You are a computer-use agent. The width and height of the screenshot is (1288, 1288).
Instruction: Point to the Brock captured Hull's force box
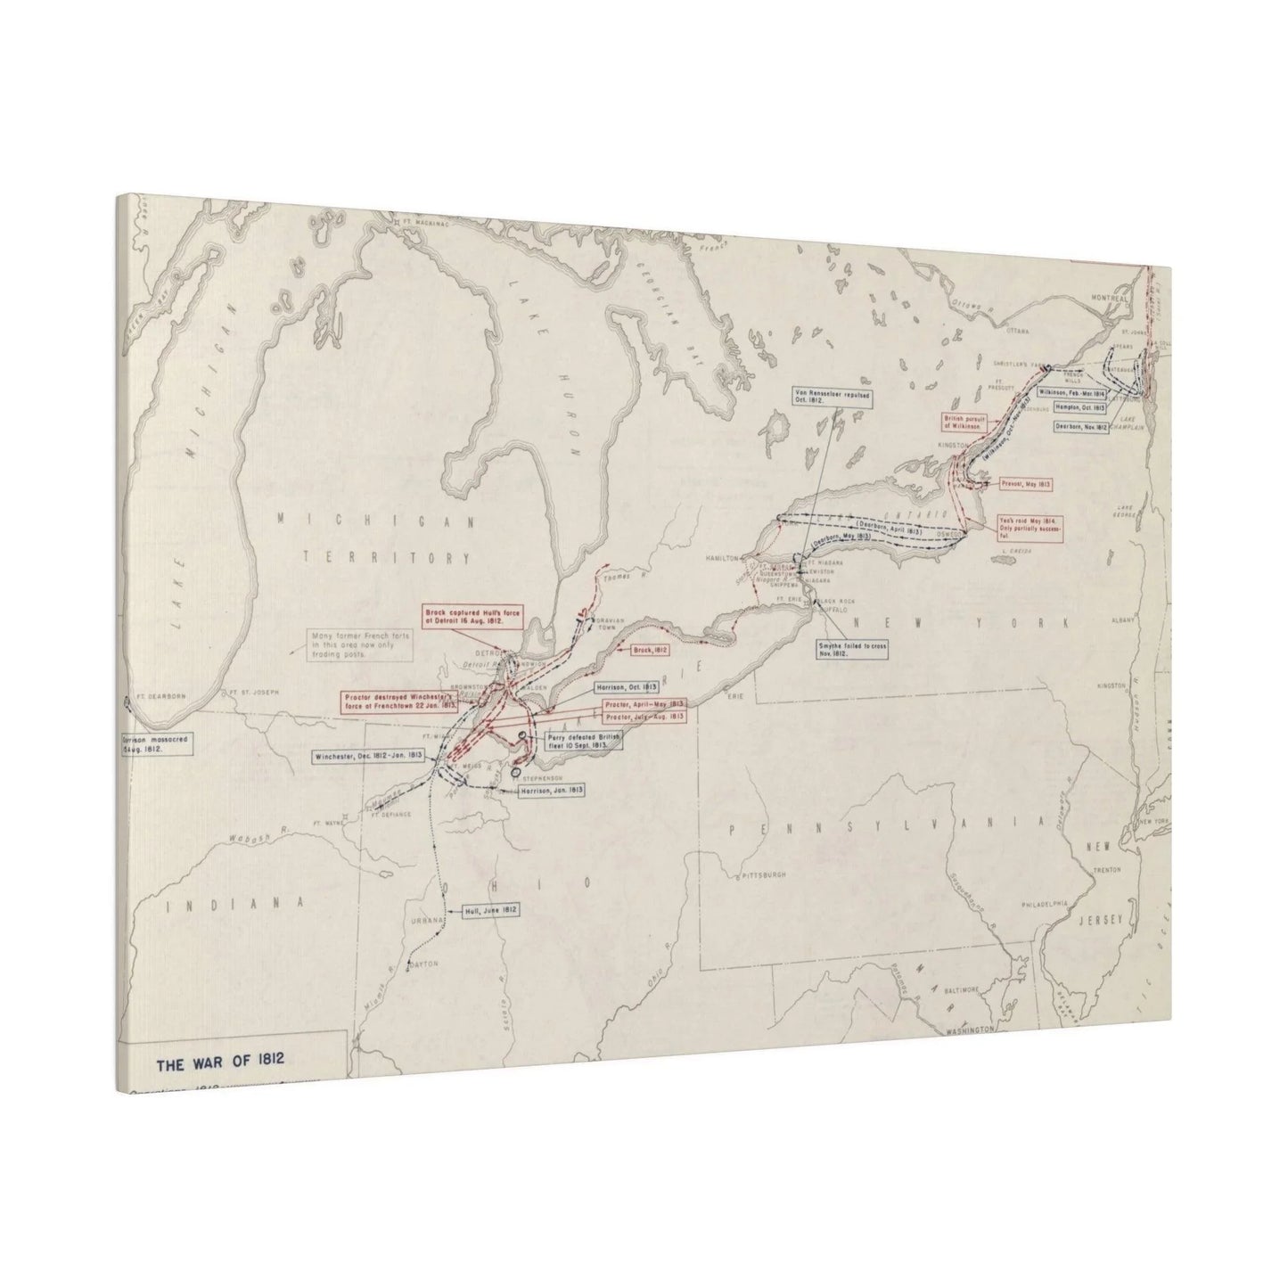(472, 616)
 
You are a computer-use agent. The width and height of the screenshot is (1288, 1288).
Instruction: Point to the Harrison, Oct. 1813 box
(626, 687)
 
